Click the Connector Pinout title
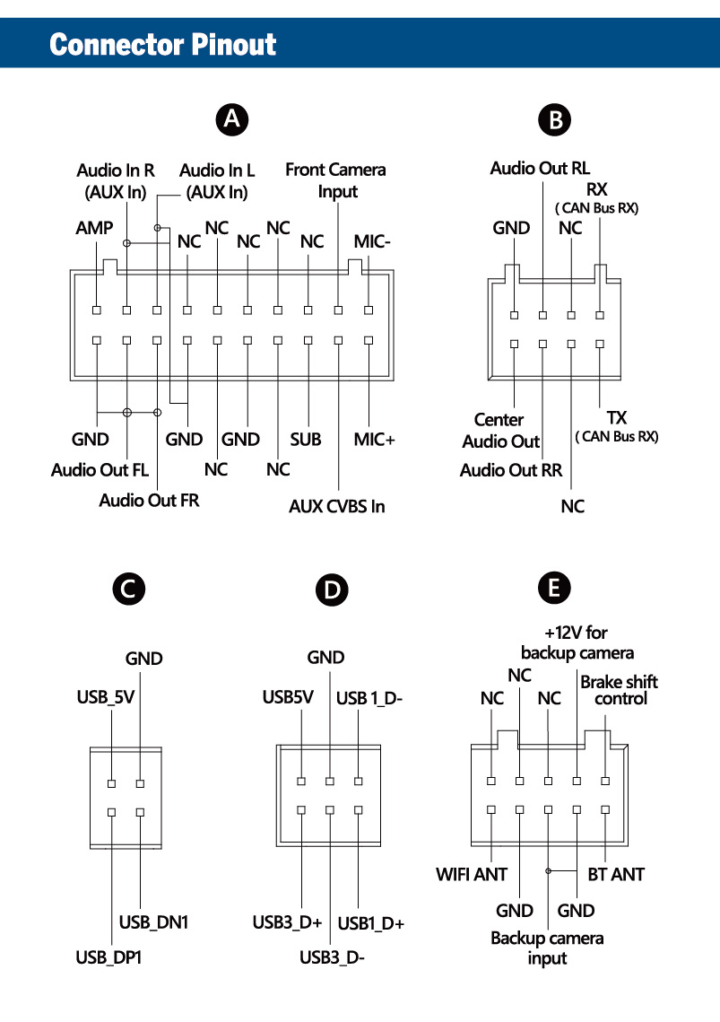coord(163,44)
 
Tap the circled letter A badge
coord(233,118)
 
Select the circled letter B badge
coord(555,119)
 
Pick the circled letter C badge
coord(127,588)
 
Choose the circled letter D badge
coord(332,590)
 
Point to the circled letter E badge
coord(554,588)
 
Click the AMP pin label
coord(94,228)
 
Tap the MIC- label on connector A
coord(372,240)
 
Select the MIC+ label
coord(374,439)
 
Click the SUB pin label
coord(305,439)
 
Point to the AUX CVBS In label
coord(336,506)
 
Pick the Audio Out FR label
coord(149,500)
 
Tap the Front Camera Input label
coord(335,179)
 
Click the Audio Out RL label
coord(540,168)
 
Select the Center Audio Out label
coord(500,431)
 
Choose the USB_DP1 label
coord(108,957)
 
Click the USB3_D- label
coord(332,956)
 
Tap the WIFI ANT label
coord(472,873)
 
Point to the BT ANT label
coord(616,873)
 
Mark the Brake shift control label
coord(619,689)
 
